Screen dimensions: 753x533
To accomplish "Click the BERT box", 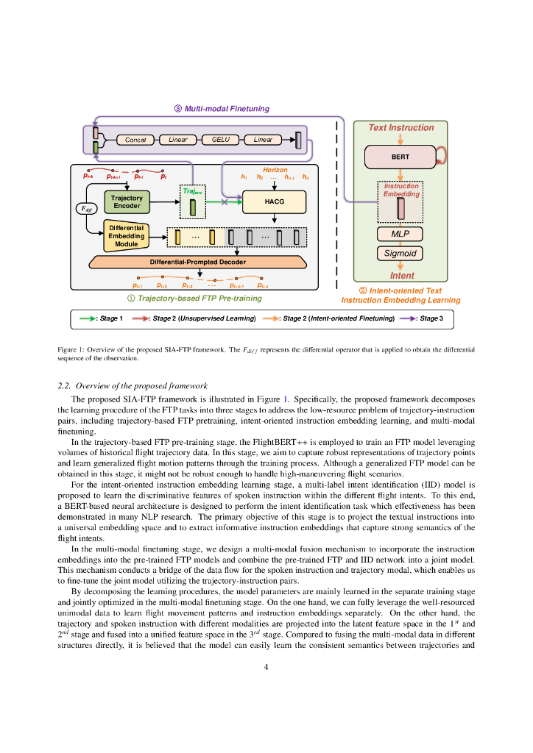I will click(400, 157).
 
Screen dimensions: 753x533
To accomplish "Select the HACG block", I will click(273, 201).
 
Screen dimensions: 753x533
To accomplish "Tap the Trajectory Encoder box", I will click(127, 201).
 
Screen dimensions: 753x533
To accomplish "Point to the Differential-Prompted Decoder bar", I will click(197, 262).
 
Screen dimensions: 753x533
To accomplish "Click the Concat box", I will click(135, 140).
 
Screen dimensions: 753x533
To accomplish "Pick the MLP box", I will click(400, 234).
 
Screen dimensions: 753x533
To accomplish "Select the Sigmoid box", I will click(400, 253).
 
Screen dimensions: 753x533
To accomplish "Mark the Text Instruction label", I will click(401, 127).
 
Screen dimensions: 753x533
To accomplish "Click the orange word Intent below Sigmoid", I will click(402, 276).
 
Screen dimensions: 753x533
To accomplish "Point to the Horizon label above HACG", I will click(275, 170).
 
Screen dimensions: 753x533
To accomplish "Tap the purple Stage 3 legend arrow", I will click(408, 318).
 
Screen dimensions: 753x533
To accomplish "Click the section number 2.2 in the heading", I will click(64, 385).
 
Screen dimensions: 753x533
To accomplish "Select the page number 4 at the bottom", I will click(266, 667).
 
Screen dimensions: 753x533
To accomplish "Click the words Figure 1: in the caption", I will click(72, 349).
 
